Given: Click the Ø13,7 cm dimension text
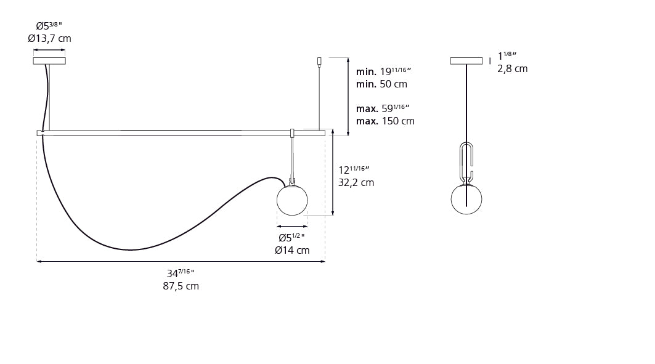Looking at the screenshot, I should click(x=49, y=39).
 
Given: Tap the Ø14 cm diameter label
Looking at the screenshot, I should click(x=292, y=250).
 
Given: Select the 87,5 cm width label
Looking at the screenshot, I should click(x=181, y=286).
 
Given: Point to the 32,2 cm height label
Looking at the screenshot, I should click(x=356, y=182).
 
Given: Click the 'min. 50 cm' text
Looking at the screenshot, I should click(x=381, y=84).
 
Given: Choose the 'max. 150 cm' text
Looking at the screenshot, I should click(x=385, y=121).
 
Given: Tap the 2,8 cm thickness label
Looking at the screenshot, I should click(x=512, y=68).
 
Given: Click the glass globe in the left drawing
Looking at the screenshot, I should click(x=291, y=201).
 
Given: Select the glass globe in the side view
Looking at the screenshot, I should click(x=466, y=199).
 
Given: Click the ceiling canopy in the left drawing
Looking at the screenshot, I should click(x=49, y=60).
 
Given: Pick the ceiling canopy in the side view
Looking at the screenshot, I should click(x=466, y=60).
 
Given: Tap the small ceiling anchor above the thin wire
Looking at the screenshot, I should click(x=319, y=61).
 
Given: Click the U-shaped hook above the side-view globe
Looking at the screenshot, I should click(x=466, y=159).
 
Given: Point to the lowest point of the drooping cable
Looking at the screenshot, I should click(x=131, y=249).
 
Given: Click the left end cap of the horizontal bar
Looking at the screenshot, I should click(x=39, y=132).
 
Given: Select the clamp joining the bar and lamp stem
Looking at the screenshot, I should click(x=293, y=133).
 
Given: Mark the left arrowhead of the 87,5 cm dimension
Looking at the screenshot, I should click(x=39, y=262).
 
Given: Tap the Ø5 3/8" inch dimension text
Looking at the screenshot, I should click(x=49, y=26).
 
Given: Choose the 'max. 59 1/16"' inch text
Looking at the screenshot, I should click(x=383, y=108).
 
